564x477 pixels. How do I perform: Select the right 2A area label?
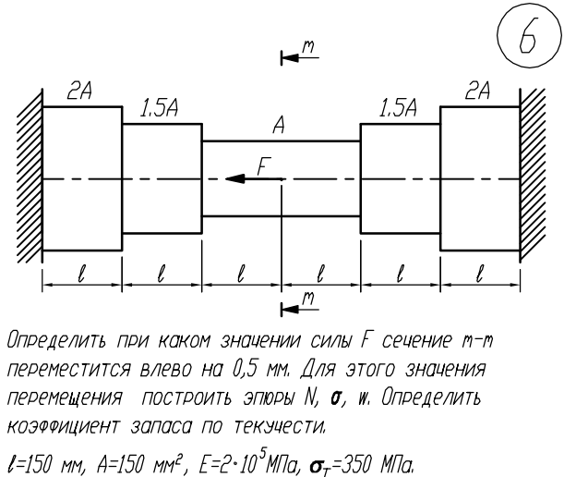(480, 92)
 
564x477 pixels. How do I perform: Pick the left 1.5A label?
(161, 109)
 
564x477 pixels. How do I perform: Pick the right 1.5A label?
(400, 109)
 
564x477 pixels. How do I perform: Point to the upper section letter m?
(311, 47)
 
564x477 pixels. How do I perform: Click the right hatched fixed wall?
(533, 176)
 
